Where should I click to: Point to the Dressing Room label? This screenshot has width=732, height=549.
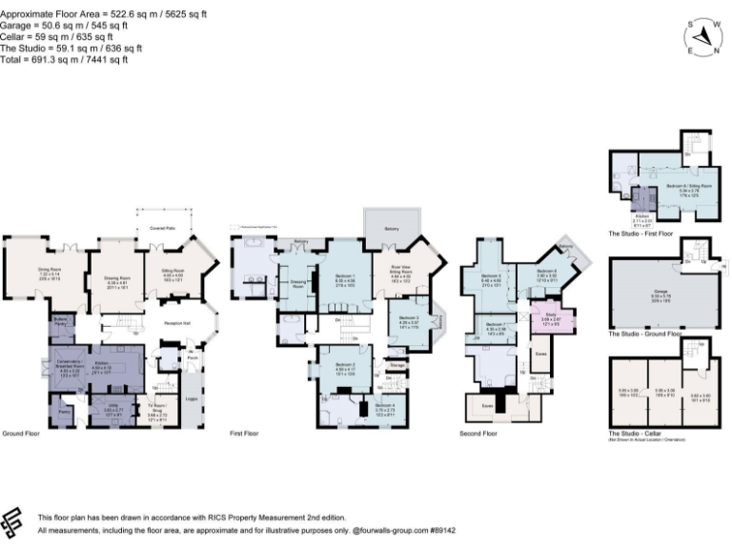pos(297,283)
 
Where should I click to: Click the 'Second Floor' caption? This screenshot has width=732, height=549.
pos(478,434)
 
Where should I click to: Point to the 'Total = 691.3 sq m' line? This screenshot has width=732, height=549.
pos(71,59)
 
